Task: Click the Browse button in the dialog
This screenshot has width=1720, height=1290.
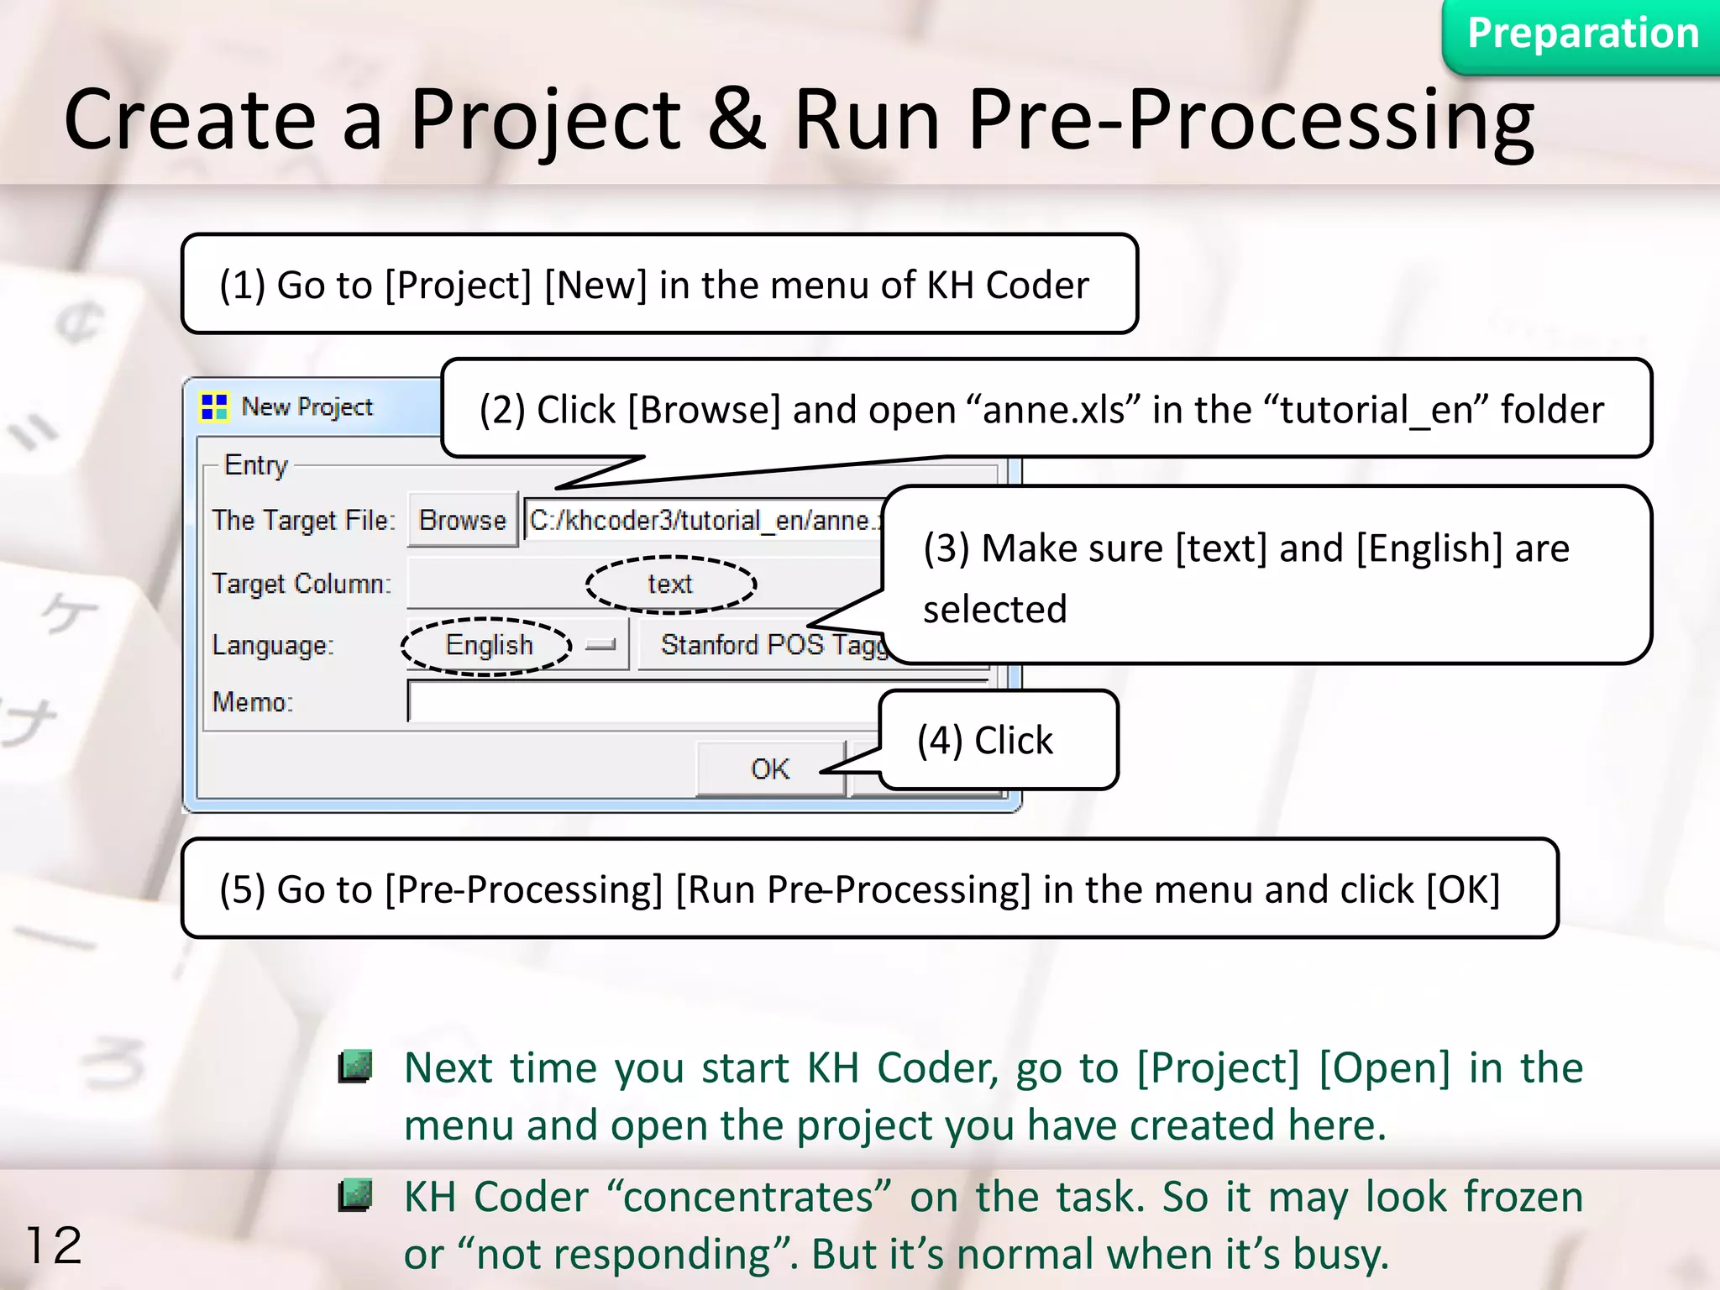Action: point(462,521)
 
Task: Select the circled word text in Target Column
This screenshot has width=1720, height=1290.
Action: point(670,584)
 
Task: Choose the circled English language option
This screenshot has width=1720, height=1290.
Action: point(489,645)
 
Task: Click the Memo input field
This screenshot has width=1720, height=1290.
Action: point(638,702)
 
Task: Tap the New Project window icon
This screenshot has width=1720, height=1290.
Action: point(214,407)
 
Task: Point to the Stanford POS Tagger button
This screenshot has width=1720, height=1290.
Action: point(764,645)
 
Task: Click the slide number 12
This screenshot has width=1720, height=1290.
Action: point(55,1245)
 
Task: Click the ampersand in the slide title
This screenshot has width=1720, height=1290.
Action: point(736,119)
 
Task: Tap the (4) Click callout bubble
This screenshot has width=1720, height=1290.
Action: point(998,741)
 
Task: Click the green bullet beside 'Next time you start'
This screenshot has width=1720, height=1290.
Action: point(355,1067)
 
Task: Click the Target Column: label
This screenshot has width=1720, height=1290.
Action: point(302,584)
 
